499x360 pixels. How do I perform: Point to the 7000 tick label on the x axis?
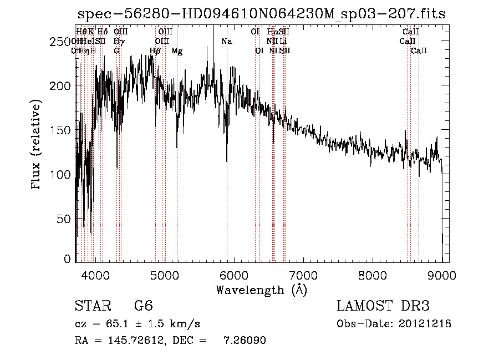[303, 273]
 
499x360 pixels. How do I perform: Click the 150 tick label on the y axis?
[59, 130]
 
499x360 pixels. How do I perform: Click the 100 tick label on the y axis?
[59, 174]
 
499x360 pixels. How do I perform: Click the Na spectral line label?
[227, 42]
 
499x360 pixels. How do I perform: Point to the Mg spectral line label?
[177, 51]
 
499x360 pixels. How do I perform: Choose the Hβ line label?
[155, 51]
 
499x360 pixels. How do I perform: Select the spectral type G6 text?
[144, 307]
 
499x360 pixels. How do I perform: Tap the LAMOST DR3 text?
[383, 306]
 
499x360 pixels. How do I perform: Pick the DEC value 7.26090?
[245, 341]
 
